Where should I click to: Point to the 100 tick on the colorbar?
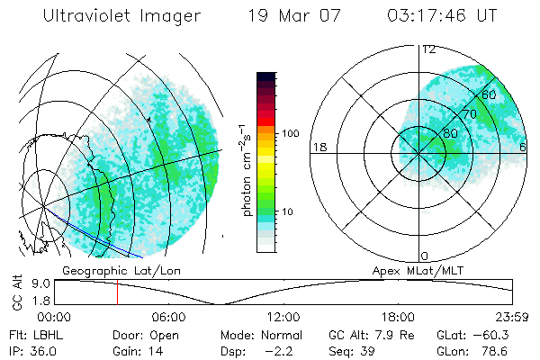291,133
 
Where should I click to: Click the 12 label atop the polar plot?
427,49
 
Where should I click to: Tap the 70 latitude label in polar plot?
469,115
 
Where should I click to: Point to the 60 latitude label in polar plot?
490,94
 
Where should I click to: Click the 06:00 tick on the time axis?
168,317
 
